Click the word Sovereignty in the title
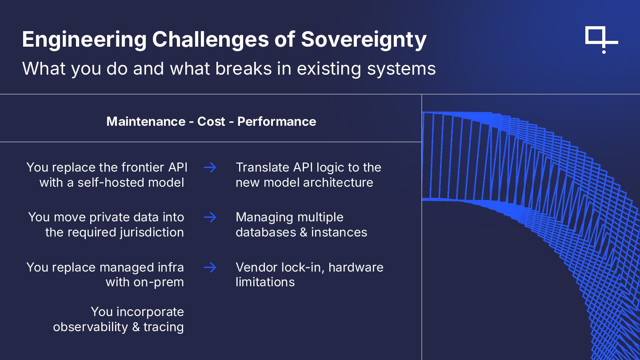(x=364, y=40)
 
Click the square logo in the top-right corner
(x=601, y=39)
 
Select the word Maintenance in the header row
(x=146, y=122)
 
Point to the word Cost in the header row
(x=211, y=122)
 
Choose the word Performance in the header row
(x=276, y=122)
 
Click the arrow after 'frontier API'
(x=210, y=168)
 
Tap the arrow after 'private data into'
(x=210, y=217)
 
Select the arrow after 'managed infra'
(x=210, y=267)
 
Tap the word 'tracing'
(x=164, y=327)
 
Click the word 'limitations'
(x=265, y=282)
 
